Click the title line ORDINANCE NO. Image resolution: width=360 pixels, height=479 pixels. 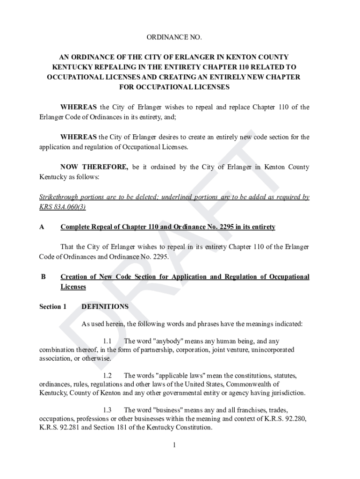tap(174, 37)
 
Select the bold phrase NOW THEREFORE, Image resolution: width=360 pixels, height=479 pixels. tap(94, 167)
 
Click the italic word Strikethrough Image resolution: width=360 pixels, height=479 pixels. tap(59, 197)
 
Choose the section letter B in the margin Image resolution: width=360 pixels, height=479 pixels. tap(43, 277)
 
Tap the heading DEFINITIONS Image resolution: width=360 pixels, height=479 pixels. tap(105, 307)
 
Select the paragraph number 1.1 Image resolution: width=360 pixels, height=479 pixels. tap(107, 341)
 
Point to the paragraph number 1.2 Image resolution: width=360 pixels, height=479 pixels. tap(107, 376)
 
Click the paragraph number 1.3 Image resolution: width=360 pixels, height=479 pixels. tap(107, 410)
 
